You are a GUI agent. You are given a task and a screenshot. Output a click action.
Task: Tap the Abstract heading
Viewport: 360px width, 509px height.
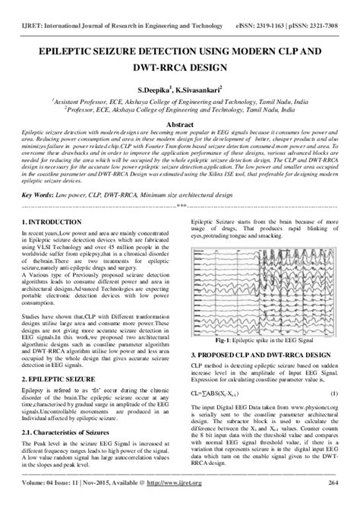(x=179, y=123)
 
